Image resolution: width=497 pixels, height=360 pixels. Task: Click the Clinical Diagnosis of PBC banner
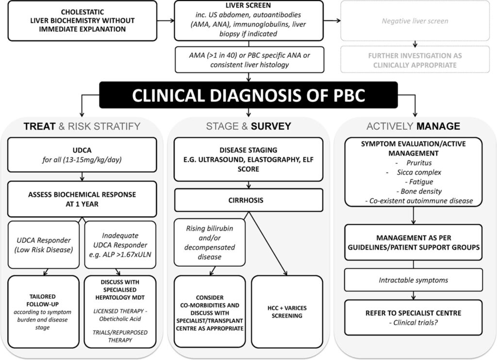248,95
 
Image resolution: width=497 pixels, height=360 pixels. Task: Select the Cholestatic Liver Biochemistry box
83,20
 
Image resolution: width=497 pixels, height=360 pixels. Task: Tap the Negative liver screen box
415,21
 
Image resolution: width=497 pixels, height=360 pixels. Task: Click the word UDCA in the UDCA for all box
82,150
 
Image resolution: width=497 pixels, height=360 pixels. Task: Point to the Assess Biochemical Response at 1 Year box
82,199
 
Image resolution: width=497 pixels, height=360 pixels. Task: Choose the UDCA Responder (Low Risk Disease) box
44,245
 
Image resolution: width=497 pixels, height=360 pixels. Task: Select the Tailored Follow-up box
43,312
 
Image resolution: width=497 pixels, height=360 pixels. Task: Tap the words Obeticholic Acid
120,319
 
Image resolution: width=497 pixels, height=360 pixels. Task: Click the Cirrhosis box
249,200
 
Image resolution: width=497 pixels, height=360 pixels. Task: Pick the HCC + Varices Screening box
287,312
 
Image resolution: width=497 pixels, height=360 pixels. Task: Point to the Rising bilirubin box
210,242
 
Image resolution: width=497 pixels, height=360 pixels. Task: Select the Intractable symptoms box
414,280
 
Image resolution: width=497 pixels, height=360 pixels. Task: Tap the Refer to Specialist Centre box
414,318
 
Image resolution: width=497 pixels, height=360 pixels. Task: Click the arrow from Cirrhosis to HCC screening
268,243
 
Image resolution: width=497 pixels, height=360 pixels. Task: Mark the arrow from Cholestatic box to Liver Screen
166,21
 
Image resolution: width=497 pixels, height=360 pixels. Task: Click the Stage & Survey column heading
248,126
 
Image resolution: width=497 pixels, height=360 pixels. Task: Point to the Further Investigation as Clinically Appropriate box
415,60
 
